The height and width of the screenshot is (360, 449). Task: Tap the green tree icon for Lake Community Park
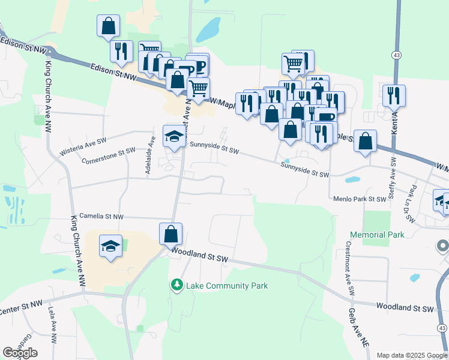pos(176,284)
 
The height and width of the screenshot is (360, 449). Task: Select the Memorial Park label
pos(377,235)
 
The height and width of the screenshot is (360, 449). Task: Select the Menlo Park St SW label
pos(360,199)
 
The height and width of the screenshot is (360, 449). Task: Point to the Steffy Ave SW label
pos(393,178)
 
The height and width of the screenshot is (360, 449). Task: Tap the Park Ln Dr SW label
pos(412,203)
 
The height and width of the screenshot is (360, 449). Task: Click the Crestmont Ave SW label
pos(348,269)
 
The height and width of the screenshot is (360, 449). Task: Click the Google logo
pos(20,353)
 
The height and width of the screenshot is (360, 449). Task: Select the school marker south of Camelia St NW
pos(110,245)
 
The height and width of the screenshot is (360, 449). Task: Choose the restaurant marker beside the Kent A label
pos(394,94)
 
